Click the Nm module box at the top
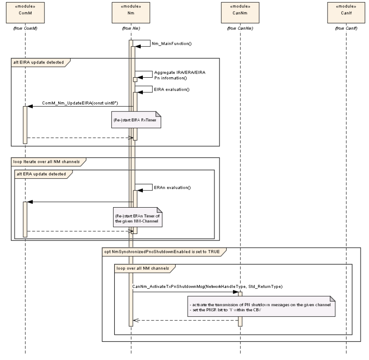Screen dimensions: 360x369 (x=131, y=12)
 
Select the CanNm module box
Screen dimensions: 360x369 (x=240, y=12)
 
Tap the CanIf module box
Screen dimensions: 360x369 (x=346, y=12)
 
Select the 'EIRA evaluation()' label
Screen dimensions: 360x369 (x=171, y=89)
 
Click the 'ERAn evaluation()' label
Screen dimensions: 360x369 (x=172, y=187)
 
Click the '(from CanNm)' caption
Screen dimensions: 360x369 (x=240, y=28)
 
